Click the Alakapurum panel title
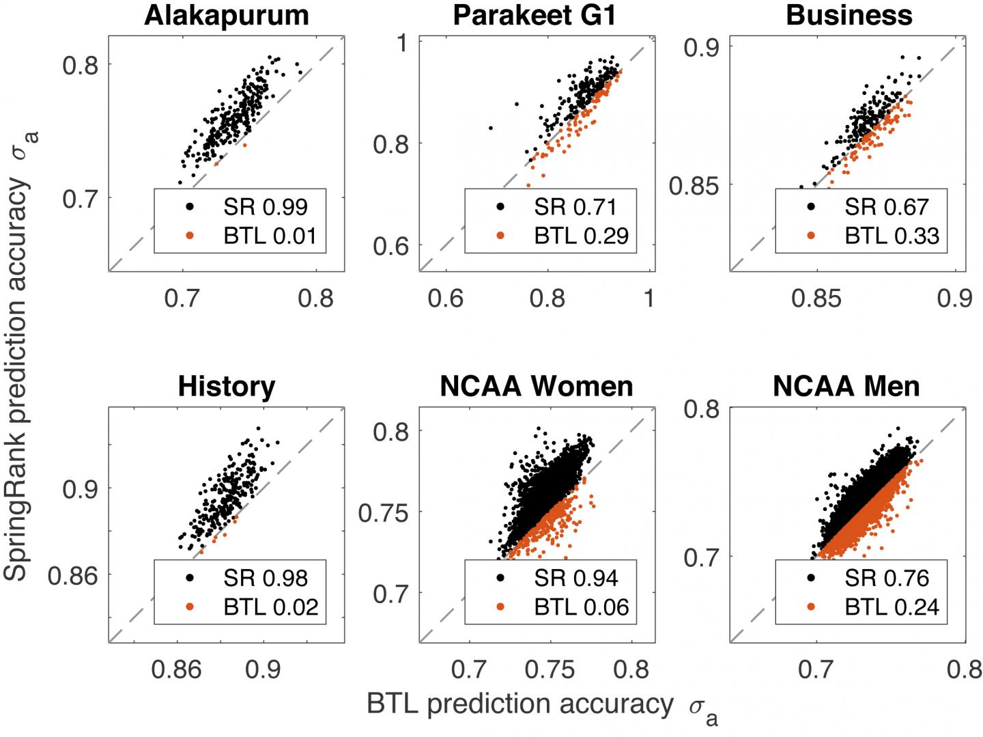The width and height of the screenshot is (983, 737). pyautogui.click(x=226, y=15)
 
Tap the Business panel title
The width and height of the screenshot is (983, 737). pyautogui.click(x=849, y=15)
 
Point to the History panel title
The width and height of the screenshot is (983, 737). pyautogui.click(x=226, y=387)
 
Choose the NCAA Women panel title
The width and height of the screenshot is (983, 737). pyautogui.click(x=537, y=387)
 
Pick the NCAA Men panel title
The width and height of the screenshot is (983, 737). pyautogui.click(x=846, y=387)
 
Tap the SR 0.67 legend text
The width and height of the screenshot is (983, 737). pyautogui.click(x=886, y=206)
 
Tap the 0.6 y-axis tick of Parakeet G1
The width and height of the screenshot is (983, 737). pyautogui.click(x=390, y=246)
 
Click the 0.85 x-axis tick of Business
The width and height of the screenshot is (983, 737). pyautogui.click(x=816, y=298)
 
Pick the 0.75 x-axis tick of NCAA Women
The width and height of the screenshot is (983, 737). pyautogui.click(x=550, y=670)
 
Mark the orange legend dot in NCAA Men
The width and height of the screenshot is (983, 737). pyautogui.click(x=811, y=607)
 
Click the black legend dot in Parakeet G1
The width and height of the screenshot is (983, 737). pyautogui.click(x=500, y=206)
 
